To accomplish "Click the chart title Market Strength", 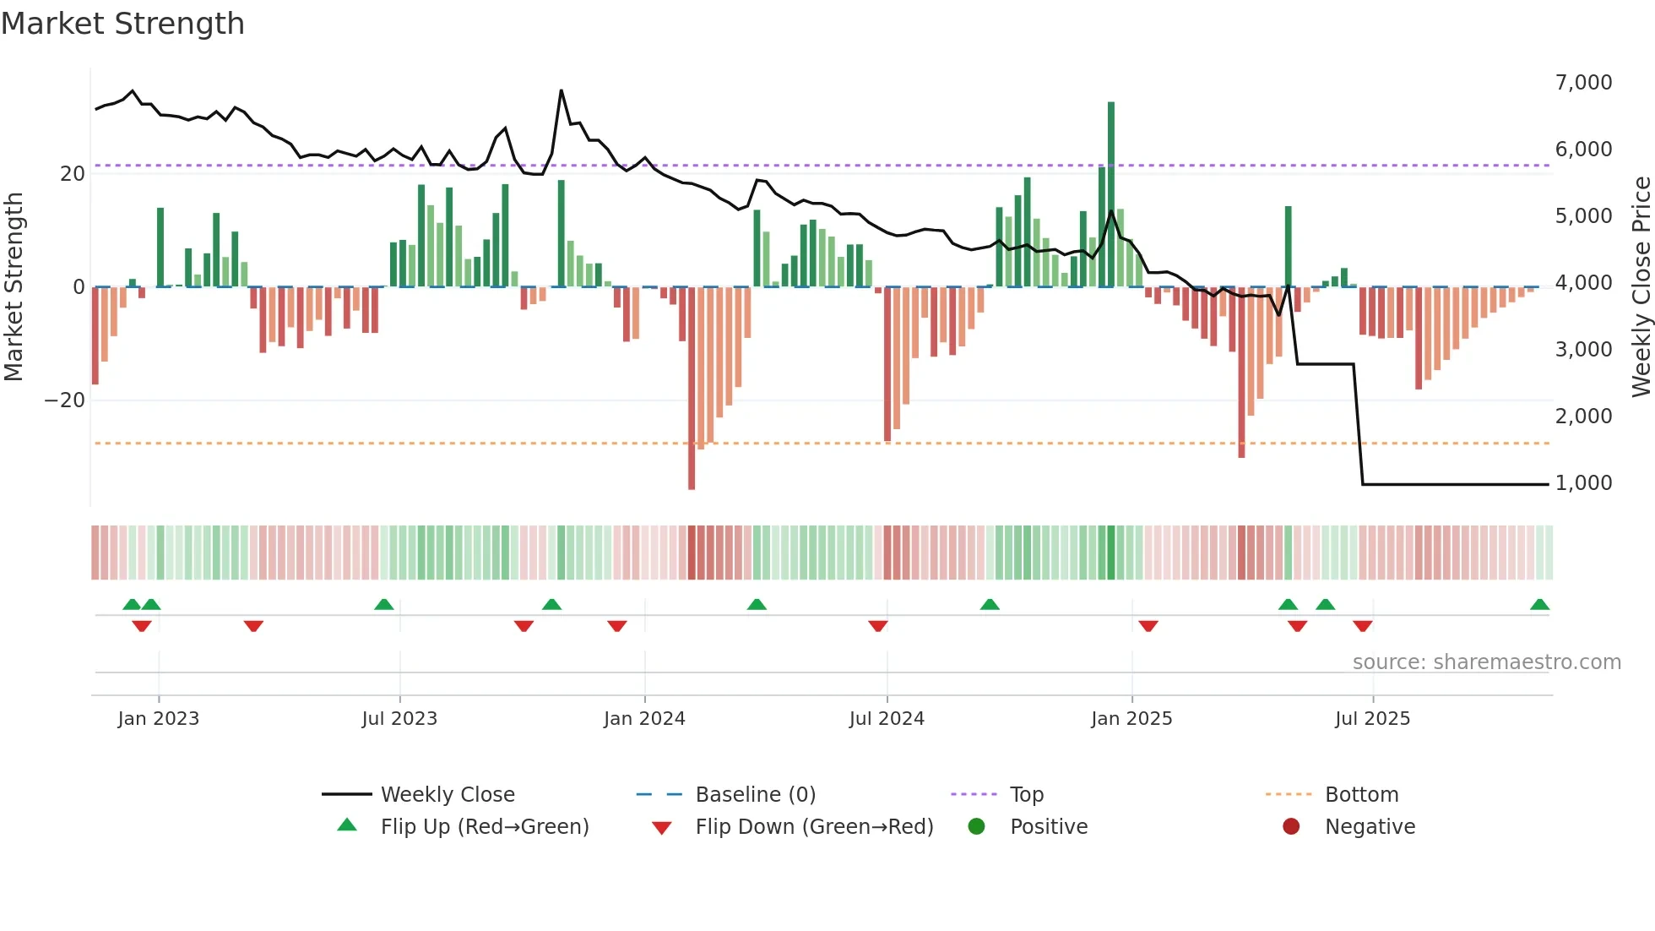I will point(122,24).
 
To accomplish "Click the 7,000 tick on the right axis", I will point(1583,83).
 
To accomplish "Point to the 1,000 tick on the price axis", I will point(1583,483).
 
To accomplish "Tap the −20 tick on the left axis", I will point(65,400).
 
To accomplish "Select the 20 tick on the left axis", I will point(73,174).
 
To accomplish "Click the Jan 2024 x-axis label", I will point(644,719).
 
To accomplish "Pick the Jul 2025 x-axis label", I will point(1372,719).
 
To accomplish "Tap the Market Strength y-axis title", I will point(14,287).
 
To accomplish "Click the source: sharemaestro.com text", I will point(1486,662).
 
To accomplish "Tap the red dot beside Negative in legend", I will point(1291,827).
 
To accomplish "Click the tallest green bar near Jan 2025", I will point(1111,194).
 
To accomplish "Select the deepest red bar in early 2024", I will point(692,389).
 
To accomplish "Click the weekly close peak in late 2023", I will point(562,90).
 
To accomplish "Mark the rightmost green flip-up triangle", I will point(1539,605).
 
